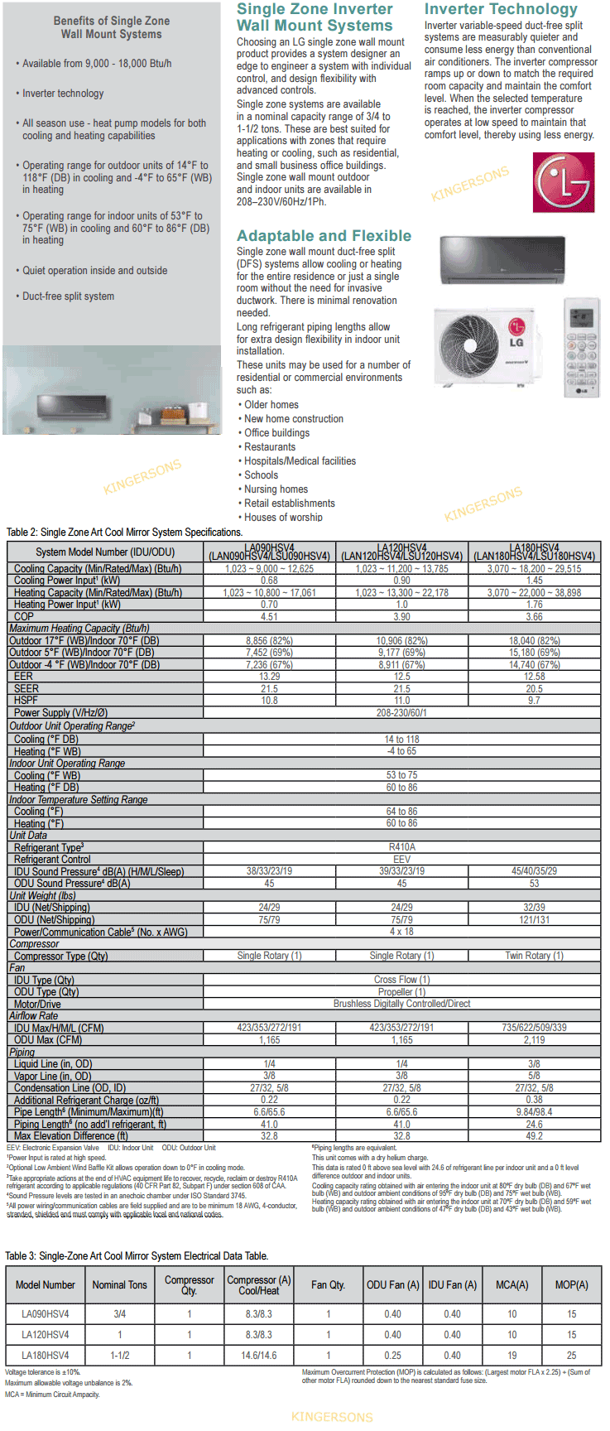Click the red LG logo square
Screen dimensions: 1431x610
pyautogui.click(x=563, y=182)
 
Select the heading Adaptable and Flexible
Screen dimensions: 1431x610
pyautogui.click(x=324, y=236)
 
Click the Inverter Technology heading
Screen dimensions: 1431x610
pyautogui.click(x=501, y=9)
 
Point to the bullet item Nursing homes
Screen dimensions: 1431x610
pyautogui.click(x=276, y=489)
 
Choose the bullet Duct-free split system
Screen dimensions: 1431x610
pyautogui.click(x=68, y=296)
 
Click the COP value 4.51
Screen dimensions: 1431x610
pyautogui.click(x=269, y=617)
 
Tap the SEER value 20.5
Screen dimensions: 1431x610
pyautogui.click(x=534, y=689)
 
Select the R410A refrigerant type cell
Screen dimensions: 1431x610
pyautogui.click(x=401, y=847)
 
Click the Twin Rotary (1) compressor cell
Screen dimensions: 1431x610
pyautogui.click(x=534, y=956)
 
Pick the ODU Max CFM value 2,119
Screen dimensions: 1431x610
pyautogui.click(x=534, y=1040)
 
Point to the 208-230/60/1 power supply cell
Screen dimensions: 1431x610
pyautogui.click(x=401, y=713)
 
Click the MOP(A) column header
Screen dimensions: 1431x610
pyautogui.click(x=571, y=1285)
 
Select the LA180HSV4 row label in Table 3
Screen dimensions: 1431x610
pyautogui.click(x=46, y=1356)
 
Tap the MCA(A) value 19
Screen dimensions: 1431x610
pyautogui.click(x=512, y=1356)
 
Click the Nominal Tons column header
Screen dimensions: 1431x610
pyautogui.click(x=119, y=1285)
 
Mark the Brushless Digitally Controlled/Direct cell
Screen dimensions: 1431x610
pyautogui.click(x=401, y=1004)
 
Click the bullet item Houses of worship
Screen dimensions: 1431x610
pyautogui.click(x=283, y=518)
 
